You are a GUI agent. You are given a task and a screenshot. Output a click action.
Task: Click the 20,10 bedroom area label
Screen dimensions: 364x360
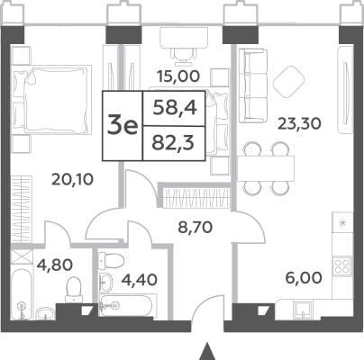pos(72,179)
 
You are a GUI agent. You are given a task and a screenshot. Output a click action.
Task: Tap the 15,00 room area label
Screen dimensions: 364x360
pos(178,76)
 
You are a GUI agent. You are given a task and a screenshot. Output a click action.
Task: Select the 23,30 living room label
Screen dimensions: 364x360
pos(299,123)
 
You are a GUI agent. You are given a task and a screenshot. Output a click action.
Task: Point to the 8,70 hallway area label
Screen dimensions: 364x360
pos(196,228)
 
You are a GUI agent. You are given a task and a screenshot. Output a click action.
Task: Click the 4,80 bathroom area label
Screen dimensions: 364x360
pos(55,265)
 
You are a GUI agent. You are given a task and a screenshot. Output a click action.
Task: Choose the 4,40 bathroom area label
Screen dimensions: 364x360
pos(139,280)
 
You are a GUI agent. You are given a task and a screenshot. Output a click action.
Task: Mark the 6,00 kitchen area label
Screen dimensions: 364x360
pos(304,278)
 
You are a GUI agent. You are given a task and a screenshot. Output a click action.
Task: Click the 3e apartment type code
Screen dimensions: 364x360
pos(123,127)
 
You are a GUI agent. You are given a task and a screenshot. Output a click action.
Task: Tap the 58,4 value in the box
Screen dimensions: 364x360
pos(175,108)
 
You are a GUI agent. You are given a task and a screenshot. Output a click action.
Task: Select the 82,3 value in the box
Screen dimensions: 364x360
pos(174,143)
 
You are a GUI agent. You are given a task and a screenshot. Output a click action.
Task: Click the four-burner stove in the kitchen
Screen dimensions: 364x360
pos(341,265)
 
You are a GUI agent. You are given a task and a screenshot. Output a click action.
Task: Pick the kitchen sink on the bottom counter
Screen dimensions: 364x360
pos(303,309)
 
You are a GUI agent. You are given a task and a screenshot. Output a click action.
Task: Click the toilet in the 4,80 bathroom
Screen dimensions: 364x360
pos(73,290)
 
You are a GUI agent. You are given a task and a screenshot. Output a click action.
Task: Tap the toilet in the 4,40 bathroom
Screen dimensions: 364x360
pos(111,258)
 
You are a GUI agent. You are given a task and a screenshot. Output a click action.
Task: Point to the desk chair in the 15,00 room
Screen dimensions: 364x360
pos(184,57)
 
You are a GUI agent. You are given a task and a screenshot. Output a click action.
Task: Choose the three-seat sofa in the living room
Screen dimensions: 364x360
pos(253,85)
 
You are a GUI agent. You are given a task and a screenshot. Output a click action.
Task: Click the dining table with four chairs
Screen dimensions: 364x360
pos(266,168)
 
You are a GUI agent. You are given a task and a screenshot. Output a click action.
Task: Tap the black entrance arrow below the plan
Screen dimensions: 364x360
pos(206,352)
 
